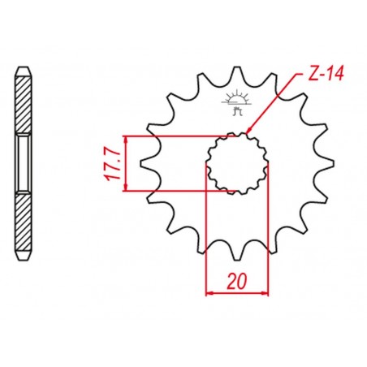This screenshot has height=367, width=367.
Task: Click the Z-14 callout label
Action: click(326, 74)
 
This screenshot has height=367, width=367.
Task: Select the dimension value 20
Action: click(237, 281)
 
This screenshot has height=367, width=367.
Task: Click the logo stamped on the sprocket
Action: click(237, 102)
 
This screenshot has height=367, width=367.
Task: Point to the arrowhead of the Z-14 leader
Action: click(249, 130)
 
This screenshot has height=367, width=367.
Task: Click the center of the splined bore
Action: click(237, 163)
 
